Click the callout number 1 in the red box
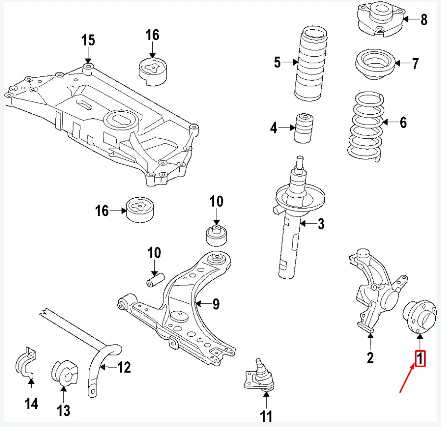[420, 359]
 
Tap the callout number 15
[88, 40]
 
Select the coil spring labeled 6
[366, 126]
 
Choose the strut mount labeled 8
[381, 19]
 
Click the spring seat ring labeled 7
[376, 64]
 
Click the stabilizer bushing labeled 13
[64, 373]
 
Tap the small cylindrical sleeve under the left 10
[156, 280]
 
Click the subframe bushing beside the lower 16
[139, 210]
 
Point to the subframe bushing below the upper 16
[153, 71]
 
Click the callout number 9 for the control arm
[216, 304]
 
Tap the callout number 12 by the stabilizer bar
[124, 367]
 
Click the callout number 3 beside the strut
[321, 224]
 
